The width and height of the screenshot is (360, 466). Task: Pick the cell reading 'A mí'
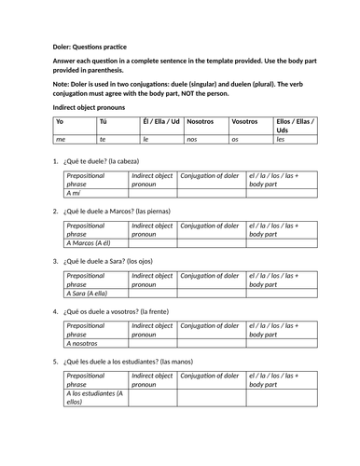point(76,193)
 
